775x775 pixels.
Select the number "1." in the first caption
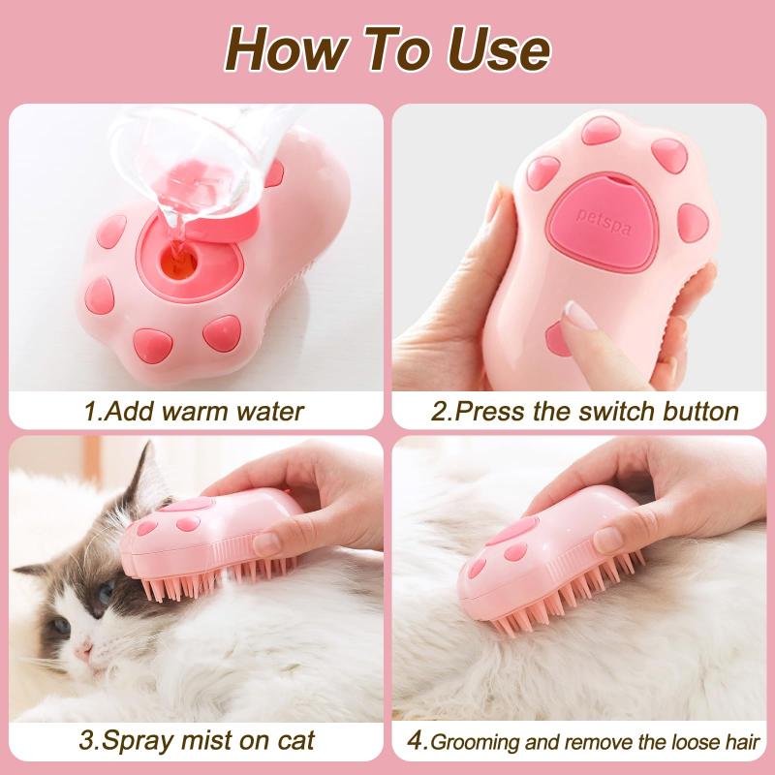click(x=94, y=411)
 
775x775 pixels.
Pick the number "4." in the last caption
click(x=418, y=741)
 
